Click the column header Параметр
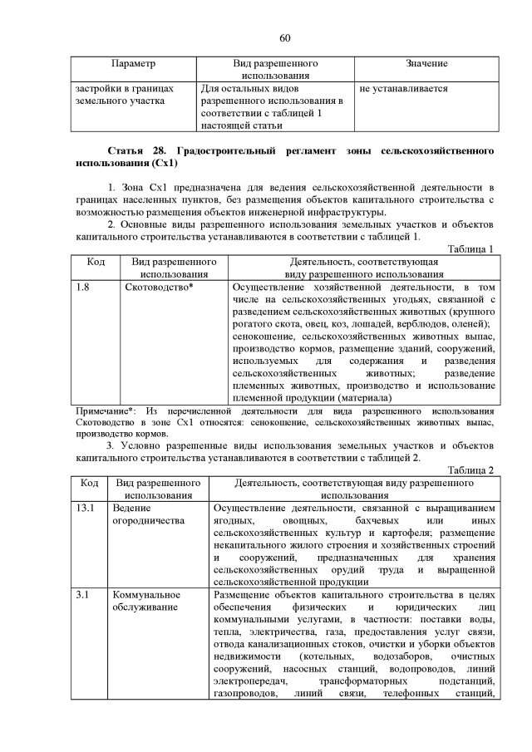tap(133, 64)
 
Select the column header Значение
tap(426, 64)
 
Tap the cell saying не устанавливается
tap(403, 88)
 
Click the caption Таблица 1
tap(470, 248)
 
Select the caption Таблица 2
tap(470, 469)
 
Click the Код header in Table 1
tap(96, 261)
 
